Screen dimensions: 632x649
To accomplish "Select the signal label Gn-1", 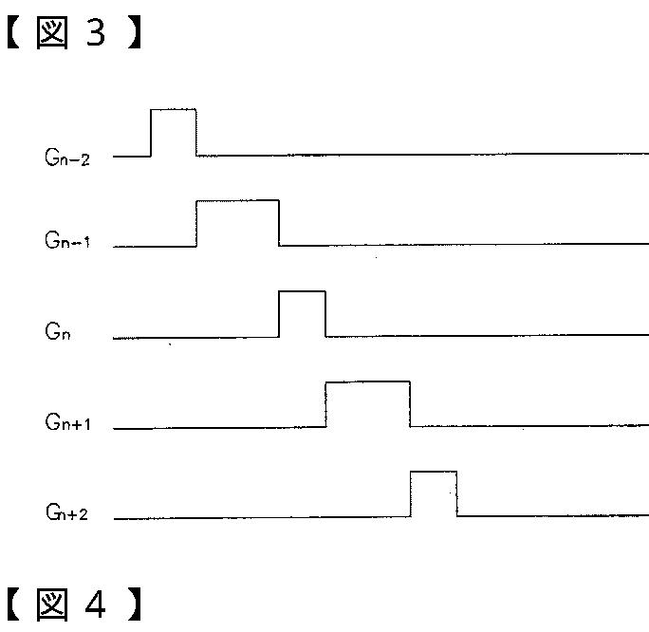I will (x=67, y=241).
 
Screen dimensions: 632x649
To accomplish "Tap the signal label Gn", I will (x=58, y=333).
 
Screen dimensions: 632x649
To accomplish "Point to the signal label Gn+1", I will (x=67, y=422).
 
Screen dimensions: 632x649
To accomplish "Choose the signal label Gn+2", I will (x=67, y=512).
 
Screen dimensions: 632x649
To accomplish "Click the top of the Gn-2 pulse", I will (x=174, y=110).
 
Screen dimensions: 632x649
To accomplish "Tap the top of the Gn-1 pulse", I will (x=237, y=200).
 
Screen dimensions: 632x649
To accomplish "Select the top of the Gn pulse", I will (x=302, y=291).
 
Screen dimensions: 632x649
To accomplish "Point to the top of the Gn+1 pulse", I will (x=367, y=381).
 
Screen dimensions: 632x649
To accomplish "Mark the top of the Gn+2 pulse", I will (x=434, y=472).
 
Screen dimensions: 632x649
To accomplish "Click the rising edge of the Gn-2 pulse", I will (x=152, y=132).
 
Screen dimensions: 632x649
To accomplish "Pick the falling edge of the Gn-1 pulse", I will (x=279, y=222).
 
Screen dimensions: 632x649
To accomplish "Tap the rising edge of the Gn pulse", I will (x=279, y=313).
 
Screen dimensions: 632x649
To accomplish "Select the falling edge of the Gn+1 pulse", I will (x=410, y=403).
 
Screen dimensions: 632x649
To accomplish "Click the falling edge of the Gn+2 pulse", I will (x=457, y=493).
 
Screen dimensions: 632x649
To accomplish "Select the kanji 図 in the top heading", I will (x=54, y=34).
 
